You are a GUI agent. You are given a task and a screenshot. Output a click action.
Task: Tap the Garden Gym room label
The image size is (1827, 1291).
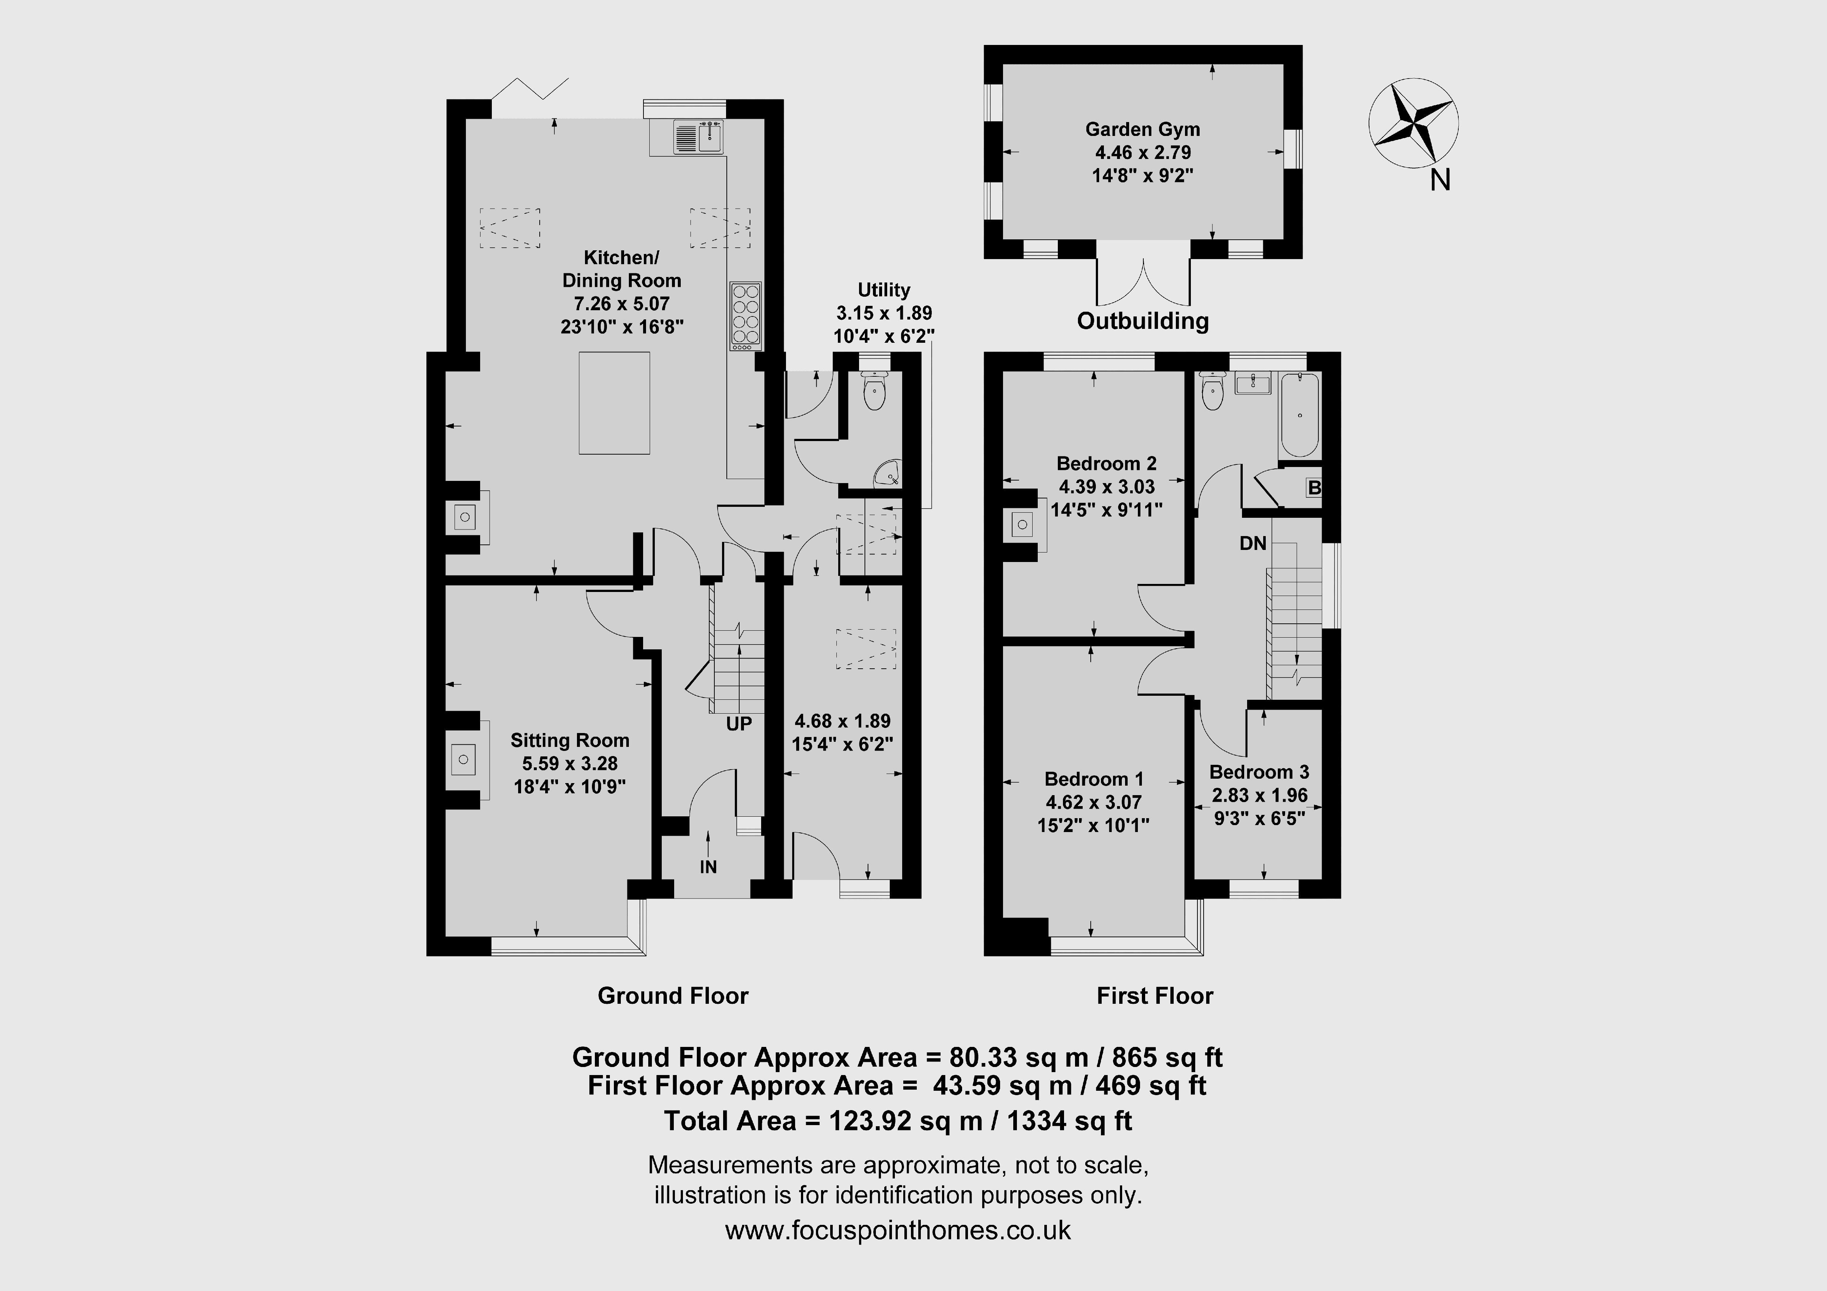pos(1143,129)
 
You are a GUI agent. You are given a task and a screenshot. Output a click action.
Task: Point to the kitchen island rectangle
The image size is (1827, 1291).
pos(614,403)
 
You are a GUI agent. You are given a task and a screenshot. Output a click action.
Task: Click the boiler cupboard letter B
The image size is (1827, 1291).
pos(1314,487)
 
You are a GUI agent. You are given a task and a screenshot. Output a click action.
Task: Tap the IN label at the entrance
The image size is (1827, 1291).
pos(708,867)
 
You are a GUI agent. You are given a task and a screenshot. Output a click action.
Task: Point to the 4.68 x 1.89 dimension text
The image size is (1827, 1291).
pos(843,721)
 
